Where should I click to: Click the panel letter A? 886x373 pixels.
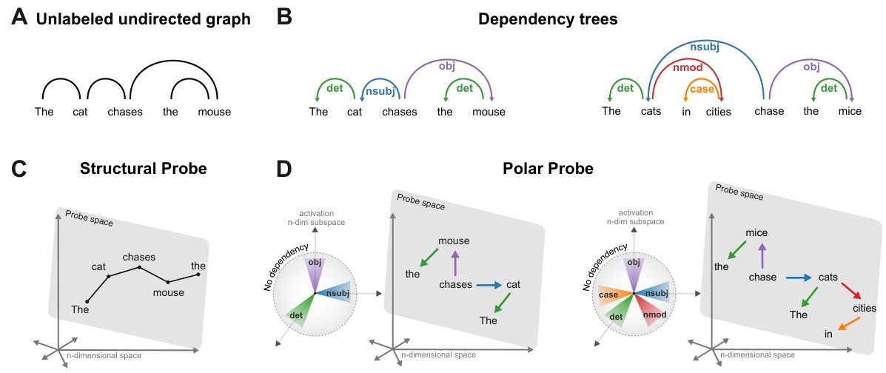[20, 19]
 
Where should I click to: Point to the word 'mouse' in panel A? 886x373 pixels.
[215, 112]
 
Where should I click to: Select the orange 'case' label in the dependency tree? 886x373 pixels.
[701, 90]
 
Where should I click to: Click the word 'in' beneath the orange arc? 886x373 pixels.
[685, 112]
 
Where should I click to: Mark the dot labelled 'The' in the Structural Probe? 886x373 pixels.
[87, 301]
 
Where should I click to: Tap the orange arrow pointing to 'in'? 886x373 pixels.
[849, 323]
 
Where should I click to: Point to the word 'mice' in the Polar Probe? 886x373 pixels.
[756, 232]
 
